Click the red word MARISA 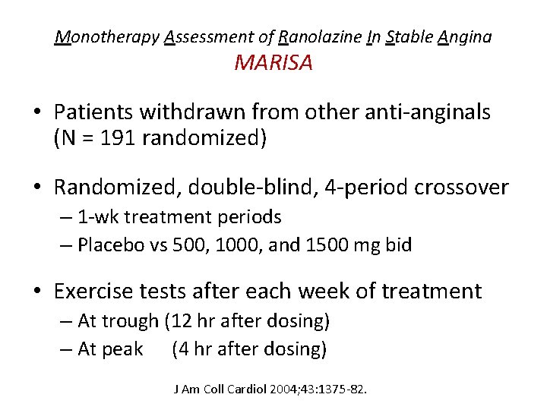[x=273, y=63]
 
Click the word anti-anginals [x=415, y=112]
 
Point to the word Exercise [x=102, y=291]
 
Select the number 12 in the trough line [x=179, y=321]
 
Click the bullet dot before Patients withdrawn [x=37, y=113]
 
